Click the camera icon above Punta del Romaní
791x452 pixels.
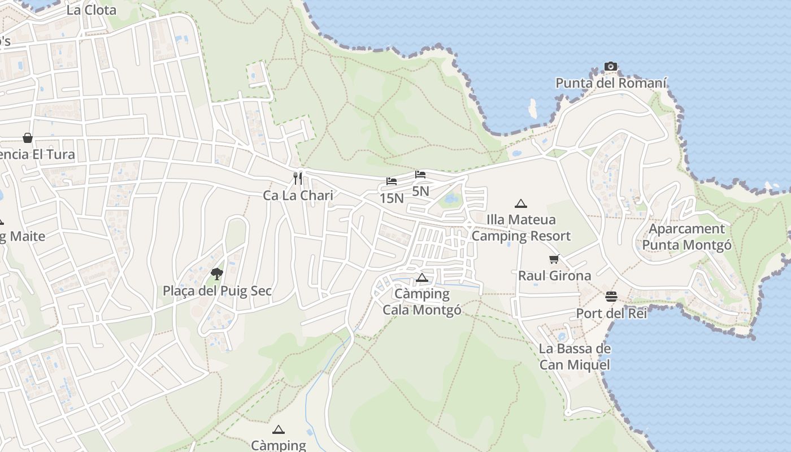(610, 67)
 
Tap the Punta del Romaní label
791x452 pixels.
(611, 84)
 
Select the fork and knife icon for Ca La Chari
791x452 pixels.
(298, 179)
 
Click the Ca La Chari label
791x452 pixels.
(298, 195)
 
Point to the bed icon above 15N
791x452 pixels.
(392, 181)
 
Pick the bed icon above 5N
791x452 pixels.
(420, 175)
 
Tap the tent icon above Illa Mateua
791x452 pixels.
(520, 203)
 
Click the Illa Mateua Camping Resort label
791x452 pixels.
(521, 228)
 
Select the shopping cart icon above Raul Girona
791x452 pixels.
(554, 259)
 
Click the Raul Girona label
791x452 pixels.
(554, 276)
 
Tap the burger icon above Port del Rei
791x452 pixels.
(611, 296)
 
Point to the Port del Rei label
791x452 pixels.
(611, 313)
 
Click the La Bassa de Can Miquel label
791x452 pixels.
(575, 357)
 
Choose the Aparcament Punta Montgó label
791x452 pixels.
(686, 237)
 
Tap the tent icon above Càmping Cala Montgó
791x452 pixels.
(421, 277)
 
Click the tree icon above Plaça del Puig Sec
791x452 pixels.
(216, 274)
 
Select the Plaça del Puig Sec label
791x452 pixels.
(217, 291)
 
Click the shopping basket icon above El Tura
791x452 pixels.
(27, 138)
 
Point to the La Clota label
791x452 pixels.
(91, 10)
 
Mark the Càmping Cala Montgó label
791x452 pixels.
(421, 302)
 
